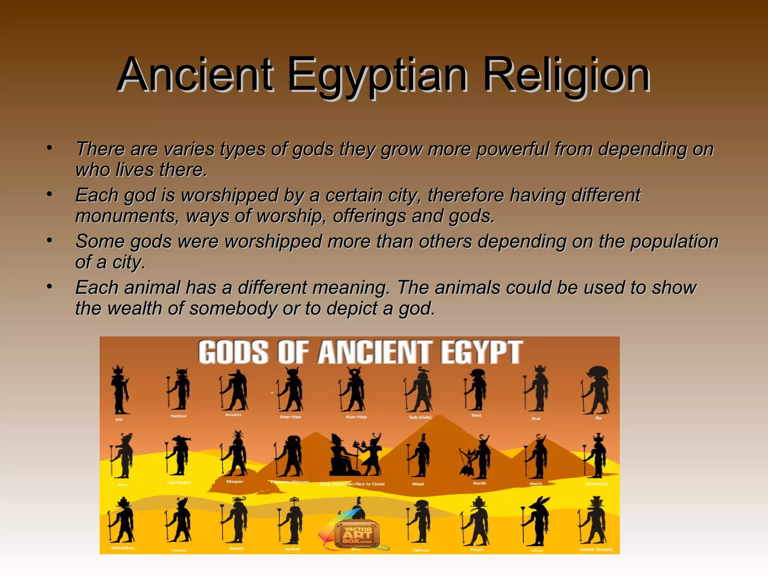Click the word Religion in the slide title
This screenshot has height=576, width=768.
[566, 75]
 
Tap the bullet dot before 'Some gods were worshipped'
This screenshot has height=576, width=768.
[49, 240]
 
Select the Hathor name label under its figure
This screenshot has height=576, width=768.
[178, 416]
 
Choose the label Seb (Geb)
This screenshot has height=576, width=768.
[420, 417]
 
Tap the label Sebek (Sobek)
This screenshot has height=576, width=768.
[596, 549]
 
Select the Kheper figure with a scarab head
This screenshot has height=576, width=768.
[235, 454]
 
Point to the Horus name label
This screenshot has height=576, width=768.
[179, 550]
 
